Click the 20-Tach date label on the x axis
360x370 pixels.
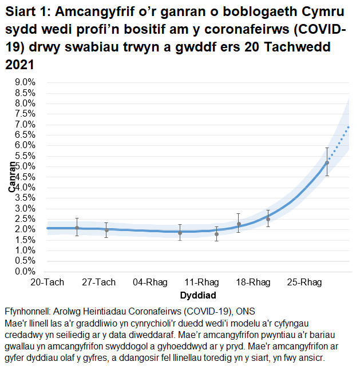pos(47,283)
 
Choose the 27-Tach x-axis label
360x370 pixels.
pos(99,283)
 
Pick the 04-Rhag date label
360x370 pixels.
pos(150,283)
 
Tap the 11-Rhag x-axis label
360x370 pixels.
pos(202,283)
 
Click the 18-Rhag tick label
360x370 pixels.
pos(254,283)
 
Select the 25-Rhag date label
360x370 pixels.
pos(305,283)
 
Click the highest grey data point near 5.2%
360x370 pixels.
pos(327,163)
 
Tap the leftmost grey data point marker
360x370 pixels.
pos(77,228)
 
